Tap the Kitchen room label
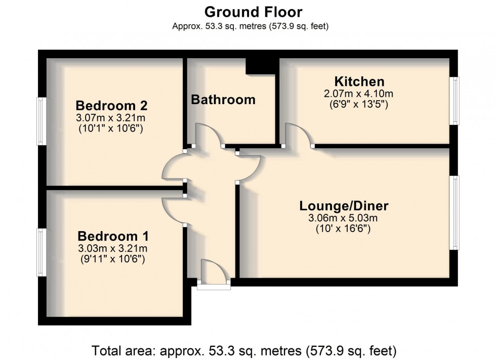click(x=359, y=81)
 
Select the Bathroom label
click(x=223, y=100)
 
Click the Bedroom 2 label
click(x=111, y=106)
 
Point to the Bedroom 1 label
click(x=113, y=236)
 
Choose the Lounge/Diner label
click(x=344, y=206)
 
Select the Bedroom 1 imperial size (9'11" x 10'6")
click(x=113, y=259)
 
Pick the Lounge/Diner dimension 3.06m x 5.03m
click(x=344, y=218)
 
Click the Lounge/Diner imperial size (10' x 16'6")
click(x=344, y=229)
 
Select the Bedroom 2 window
click(x=42, y=121)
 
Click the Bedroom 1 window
click(x=42, y=252)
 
